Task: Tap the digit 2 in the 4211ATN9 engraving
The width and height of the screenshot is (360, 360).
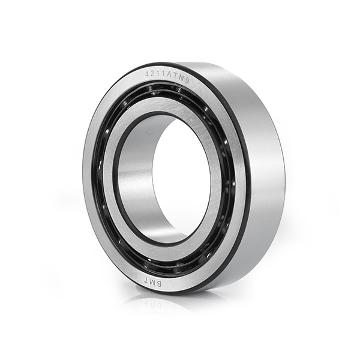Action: point(152,73)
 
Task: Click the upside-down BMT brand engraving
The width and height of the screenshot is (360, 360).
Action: point(152,282)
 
